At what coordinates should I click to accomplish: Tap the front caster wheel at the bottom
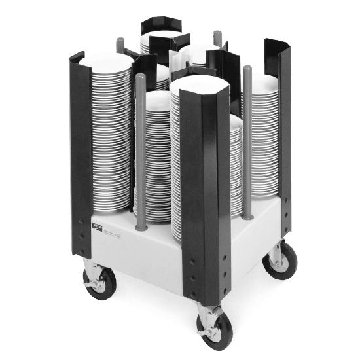pos(214,331)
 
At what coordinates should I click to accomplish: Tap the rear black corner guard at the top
pos(158,27)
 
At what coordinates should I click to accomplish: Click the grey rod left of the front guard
pos(141,151)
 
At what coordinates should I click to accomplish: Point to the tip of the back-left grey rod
pos(120,45)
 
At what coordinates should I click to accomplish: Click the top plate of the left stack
pos(108,62)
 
